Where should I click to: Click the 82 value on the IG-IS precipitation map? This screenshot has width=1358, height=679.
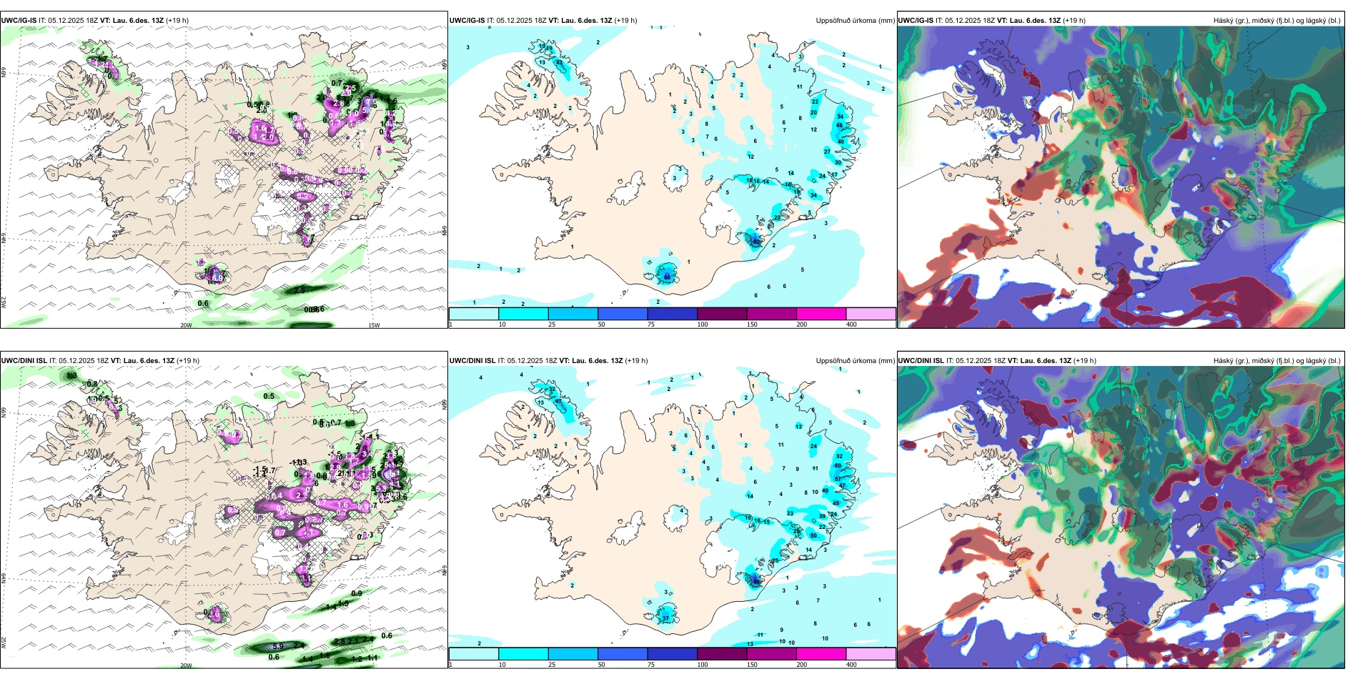tap(755, 242)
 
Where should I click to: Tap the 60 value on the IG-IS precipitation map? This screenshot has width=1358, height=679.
tap(667, 277)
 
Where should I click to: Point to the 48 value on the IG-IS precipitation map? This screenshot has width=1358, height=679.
tap(840, 125)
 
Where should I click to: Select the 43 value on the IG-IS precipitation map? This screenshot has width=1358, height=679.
tap(558, 63)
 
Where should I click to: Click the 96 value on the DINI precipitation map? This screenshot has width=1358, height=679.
tap(756, 582)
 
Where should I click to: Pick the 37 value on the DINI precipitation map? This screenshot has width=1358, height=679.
tap(665, 618)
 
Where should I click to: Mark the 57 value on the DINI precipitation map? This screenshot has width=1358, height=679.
tap(838, 479)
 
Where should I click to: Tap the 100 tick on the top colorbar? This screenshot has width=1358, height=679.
tap(703, 324)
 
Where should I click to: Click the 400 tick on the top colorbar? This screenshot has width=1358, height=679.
tap(851, 324)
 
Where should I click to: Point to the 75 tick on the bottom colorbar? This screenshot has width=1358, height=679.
tap(651, 665)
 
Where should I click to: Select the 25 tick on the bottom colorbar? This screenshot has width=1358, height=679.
tap(552, 665)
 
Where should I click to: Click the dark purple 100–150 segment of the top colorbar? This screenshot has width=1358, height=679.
tap(722, 314)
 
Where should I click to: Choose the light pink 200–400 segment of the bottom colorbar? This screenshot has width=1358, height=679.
tap(871, 654)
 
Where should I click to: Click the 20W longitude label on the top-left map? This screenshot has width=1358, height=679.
tap(186, 325)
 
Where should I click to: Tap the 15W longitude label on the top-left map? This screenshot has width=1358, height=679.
tap(373, 325)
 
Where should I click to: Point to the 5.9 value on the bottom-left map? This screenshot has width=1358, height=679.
tap(278, 646)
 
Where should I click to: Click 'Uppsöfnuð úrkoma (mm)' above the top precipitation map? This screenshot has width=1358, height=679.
tap(855, 21)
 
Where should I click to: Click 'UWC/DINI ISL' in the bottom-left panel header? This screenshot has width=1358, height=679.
tap(24, 361)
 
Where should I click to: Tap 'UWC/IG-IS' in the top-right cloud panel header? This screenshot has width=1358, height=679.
tap(916, 21)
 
